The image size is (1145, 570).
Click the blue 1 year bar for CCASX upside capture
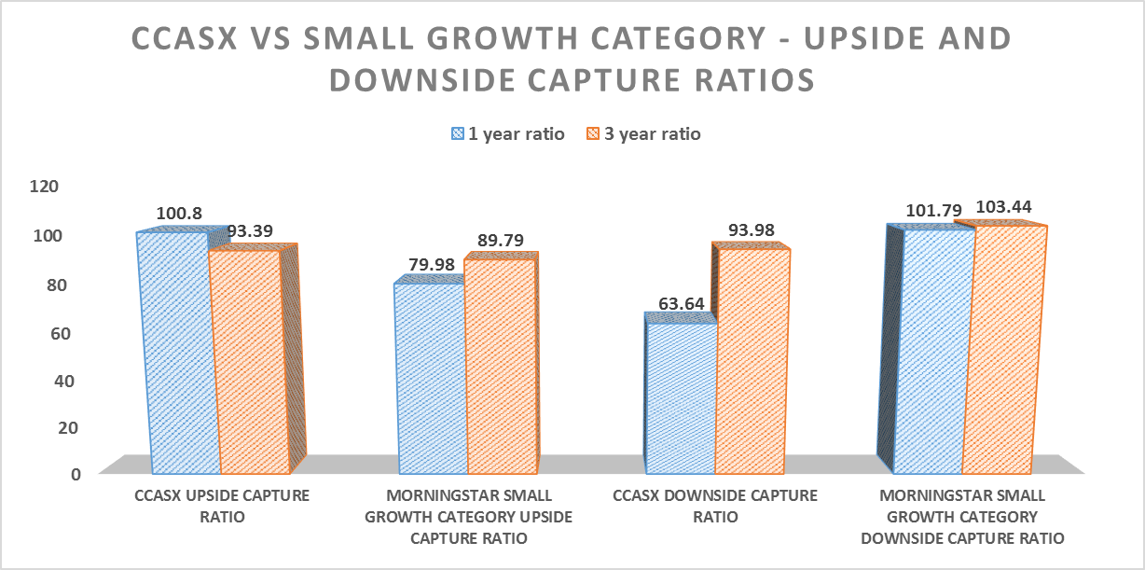tap(179, 355)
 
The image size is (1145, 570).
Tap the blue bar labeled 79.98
tap(431, 378)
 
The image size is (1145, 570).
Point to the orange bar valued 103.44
tap(1005, 350)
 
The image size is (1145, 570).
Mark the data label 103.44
tap(1005, 206)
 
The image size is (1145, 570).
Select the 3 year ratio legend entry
tap(644, 133)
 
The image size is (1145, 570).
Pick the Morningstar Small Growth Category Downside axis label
tap(962, 516)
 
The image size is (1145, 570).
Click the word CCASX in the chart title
tap(191, 39)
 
